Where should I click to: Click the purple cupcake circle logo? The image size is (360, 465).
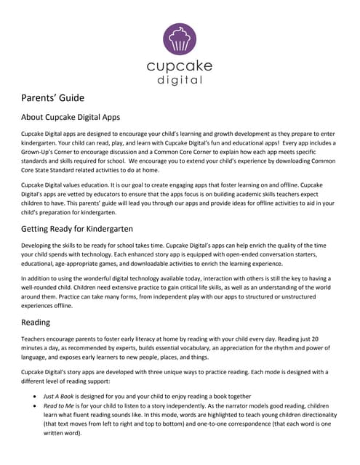click(180, 39)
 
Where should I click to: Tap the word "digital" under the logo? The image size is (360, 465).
click(180, 81)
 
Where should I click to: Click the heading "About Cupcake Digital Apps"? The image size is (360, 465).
click(71, 118)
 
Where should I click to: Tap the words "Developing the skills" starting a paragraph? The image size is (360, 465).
click(52, 248)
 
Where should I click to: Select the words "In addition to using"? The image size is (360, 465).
click(50, 279)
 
